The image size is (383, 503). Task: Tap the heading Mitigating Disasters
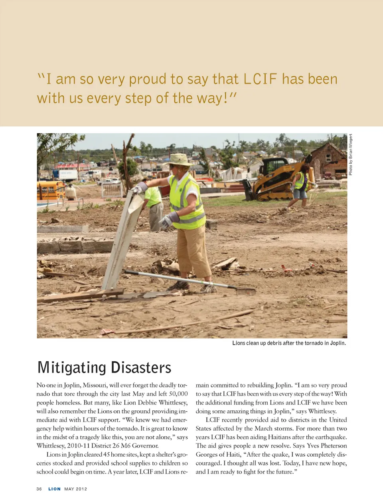tap(104, 367)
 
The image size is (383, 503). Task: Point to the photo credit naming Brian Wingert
tap(351, 154)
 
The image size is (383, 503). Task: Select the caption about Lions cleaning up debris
tap(289, 343)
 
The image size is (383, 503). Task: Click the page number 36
tap(39, 489)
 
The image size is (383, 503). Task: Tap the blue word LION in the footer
tap(54, 489)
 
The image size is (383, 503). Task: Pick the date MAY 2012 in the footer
tap(75, 489)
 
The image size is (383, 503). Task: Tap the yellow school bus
tap(50, 190)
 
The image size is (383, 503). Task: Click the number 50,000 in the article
tap(178, 394)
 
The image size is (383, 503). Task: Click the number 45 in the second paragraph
tap(107, 454)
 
